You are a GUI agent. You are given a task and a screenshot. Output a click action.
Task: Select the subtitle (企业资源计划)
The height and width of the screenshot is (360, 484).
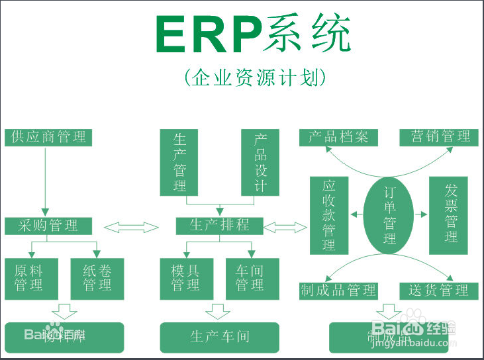click(255, 78)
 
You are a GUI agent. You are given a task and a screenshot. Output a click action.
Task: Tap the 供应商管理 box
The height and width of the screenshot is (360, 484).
click(48, 137)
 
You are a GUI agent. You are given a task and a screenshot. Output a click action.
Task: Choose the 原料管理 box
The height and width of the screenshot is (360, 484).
click(29, 278)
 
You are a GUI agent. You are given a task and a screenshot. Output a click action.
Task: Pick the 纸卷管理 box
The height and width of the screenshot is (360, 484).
click(97, 278)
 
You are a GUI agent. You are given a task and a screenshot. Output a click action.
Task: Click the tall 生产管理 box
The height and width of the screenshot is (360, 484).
click(180, 161)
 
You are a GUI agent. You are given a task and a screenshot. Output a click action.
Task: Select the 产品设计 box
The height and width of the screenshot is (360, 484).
click(260, 161)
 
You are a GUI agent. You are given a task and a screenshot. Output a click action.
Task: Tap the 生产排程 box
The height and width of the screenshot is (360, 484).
click(219, 226)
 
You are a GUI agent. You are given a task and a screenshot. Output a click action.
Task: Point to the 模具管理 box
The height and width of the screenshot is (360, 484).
click(185, 278)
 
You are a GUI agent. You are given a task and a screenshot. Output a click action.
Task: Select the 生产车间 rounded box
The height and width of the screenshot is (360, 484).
click(219, 337)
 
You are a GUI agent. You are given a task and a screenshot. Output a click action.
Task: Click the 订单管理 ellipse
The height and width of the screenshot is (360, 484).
click(390, 215)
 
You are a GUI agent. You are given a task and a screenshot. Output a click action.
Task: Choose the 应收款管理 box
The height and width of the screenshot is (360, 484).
click(329, 215)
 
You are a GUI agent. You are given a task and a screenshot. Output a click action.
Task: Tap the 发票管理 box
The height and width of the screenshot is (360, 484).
click(452, 215)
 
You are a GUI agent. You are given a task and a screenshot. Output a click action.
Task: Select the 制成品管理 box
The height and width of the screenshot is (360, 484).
click(338, 291)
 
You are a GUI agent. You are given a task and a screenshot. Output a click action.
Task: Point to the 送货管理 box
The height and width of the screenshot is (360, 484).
click(439, 291)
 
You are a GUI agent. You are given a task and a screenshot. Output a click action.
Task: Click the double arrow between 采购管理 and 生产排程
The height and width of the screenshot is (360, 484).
click(132, 228)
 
